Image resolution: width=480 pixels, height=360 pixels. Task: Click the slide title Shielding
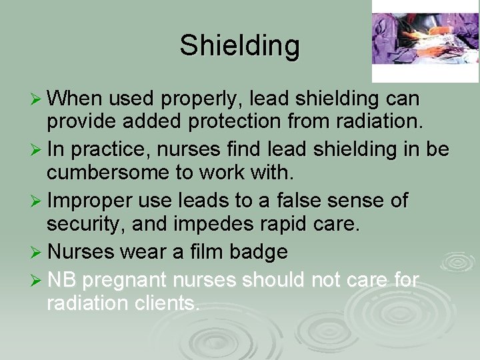tap(239, 46)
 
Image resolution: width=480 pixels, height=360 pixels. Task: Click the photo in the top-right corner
tap(425, 31)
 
